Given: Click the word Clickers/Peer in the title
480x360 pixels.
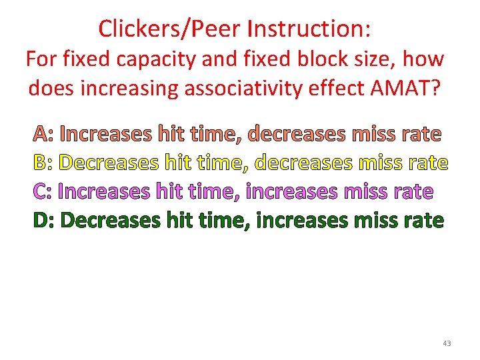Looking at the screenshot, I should coord(169,29).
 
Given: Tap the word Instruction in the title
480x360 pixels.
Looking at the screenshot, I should coord(309,29).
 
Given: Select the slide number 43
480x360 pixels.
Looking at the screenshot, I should coord(446,343).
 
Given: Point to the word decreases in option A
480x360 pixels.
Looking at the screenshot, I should coord(297,135).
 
